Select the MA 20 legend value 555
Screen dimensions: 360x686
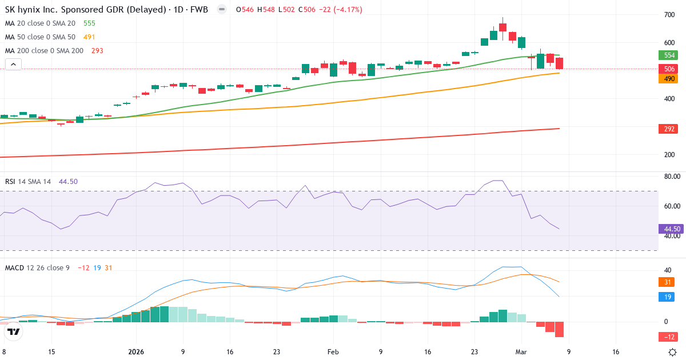pyautogui.click(x=89, y=23)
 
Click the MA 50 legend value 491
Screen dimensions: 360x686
pyautogui.click(x=89, y=37)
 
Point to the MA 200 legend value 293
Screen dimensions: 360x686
pyautogui.click(x=97, y=51)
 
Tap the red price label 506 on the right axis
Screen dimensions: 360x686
pyautogui.click(x=668, y=69)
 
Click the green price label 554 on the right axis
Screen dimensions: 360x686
pyautogui.click(x=668, y=55)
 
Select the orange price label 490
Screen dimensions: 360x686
pyautogui.click(x=668, y=79)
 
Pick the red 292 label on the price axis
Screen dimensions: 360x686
pyautogui.click(x=668, y=129)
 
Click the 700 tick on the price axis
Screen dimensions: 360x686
pyautogui.click(x=669, y=14)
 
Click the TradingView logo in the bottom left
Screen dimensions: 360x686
pyautogui.click(x=14, y=331)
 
